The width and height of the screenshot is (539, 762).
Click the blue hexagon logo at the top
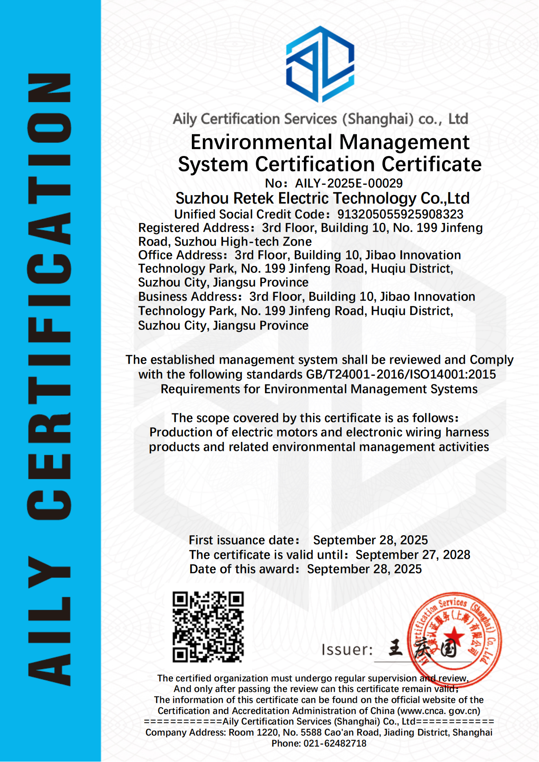coord(320,64)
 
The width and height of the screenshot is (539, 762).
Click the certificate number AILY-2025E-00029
coord(349,183)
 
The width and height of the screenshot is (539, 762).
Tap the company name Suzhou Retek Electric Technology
coord(322,198)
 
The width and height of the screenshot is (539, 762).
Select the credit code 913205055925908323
coord(400,214)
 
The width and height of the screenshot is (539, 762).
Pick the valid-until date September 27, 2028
coord(413,555)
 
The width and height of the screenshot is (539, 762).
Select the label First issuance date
coord(243,540)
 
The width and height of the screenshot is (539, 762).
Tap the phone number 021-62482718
coord(335,743)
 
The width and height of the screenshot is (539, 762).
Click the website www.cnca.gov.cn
coord(439,711)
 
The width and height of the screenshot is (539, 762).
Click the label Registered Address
coord(194,228)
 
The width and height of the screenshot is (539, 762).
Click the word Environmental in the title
coord(262,142)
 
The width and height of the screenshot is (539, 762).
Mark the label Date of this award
coord(243,569)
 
